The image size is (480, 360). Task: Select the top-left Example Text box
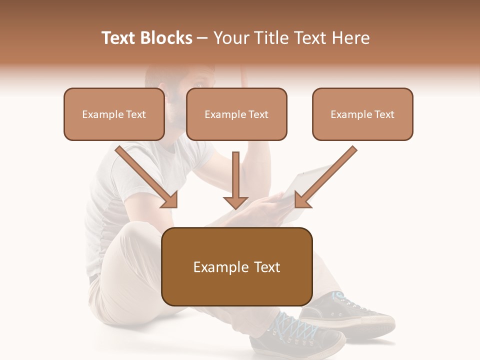(x=114, y=114)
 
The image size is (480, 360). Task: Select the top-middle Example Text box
(x=236, y=114)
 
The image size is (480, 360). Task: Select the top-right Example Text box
(x=362, y=114)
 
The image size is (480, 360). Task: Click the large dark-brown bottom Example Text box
(x=237, y=266)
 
